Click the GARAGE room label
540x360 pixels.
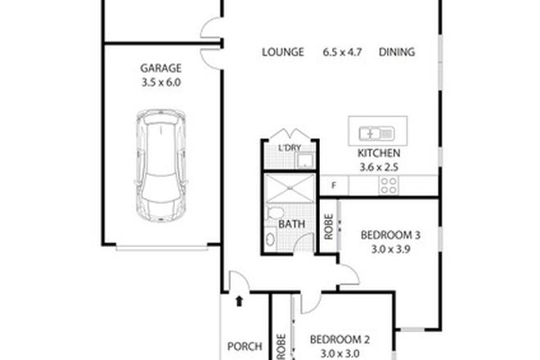tap(160, 69)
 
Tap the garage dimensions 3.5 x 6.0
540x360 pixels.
tap(160, 83)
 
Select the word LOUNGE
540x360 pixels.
tap(283, 52)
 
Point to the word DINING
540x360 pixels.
tap(397, 52)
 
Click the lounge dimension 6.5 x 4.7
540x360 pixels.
tap(340, 52)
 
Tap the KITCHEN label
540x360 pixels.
tap(378, 154)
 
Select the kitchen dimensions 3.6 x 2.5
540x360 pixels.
tap(378, 167)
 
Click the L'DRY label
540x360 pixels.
tap(290, 147)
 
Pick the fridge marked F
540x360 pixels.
tap(333, 186)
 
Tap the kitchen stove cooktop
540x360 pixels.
tap(388, 187)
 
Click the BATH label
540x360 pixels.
tap(291, 223)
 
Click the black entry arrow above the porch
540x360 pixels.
tap(238, 302)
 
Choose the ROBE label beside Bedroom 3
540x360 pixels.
tap(328, 227)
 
